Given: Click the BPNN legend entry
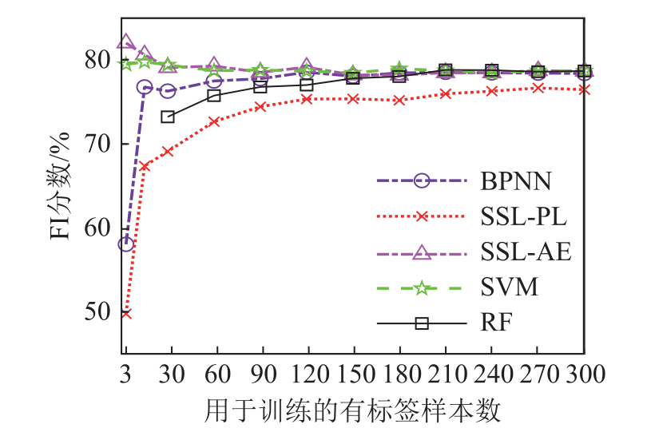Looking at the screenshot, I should (x=516, y=181).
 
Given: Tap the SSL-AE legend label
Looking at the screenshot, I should (x=526, y=253).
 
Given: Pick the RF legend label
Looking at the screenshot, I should (x=496, y=323).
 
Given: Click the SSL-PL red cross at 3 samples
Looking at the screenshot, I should (x=126, y=313).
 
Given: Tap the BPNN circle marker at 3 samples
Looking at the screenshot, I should (x=126, y=244).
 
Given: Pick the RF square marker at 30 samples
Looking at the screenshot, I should (x=168, y=117).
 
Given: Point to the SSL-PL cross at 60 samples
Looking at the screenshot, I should (x=214, y=121).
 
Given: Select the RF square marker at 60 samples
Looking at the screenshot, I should (x=214, y=96).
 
